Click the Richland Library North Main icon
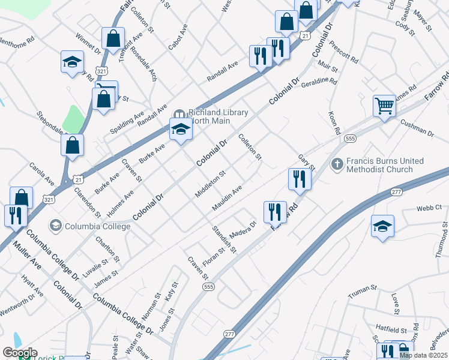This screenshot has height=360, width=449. click(178, 114)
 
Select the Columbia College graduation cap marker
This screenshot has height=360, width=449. click(56, 226)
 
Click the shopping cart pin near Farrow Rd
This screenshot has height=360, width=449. click(384, 106)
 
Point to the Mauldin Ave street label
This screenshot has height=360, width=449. click(227, 198)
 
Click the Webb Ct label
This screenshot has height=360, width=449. click(429, 208)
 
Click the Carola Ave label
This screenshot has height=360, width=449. click(43, 173)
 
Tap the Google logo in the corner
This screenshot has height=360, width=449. click(20, 353)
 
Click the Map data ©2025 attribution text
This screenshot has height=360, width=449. click(423, 355)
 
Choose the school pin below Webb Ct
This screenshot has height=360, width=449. click(382, 226)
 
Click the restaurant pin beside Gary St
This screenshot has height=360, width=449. click(299, 179)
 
